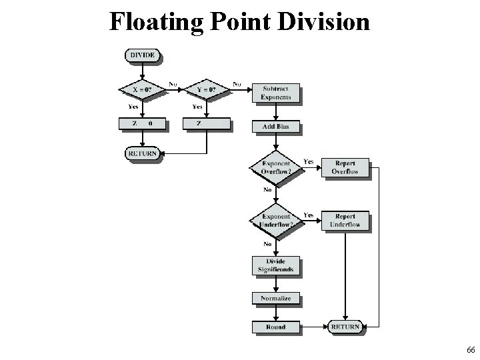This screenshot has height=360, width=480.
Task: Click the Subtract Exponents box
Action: (276, 93)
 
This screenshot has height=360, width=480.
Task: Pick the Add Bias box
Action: (276, 127)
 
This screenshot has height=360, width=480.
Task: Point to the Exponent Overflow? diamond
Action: (276, 167)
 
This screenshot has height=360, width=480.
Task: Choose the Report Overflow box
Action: (345, 167)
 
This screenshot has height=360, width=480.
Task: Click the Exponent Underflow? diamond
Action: (276, 221)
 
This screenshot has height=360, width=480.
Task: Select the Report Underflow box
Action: (345, 221)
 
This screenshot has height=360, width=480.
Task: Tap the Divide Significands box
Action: (276, 265)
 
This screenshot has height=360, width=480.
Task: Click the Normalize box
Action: (276, 298)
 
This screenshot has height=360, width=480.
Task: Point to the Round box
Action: (276, 327)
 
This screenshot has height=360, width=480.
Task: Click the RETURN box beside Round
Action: (345, 327)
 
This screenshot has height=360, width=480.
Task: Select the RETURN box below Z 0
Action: (141, 153)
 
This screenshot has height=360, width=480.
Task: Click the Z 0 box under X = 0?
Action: (141, 123)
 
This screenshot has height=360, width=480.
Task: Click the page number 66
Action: (471, 350)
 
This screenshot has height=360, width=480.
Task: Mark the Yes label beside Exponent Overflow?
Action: (309, 161)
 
